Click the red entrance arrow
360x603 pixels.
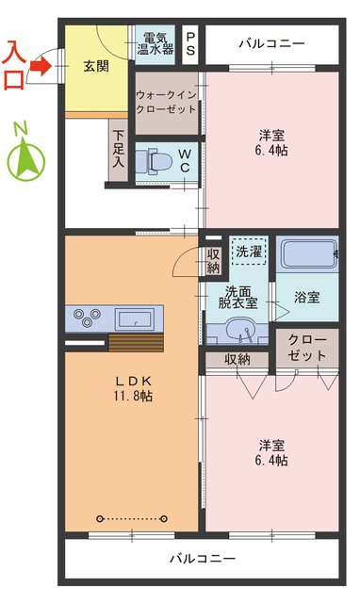39,66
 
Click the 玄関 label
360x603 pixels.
94,66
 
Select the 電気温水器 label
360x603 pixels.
155,42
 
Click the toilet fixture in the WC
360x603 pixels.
150,161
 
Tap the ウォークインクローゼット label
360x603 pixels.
166,102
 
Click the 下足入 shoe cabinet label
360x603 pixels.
119,149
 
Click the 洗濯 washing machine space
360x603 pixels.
250,252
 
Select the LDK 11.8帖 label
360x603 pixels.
134,388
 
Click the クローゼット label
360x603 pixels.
306,347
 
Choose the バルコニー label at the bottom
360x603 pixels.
202,558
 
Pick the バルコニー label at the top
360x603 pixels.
271,43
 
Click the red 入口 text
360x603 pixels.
15,64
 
